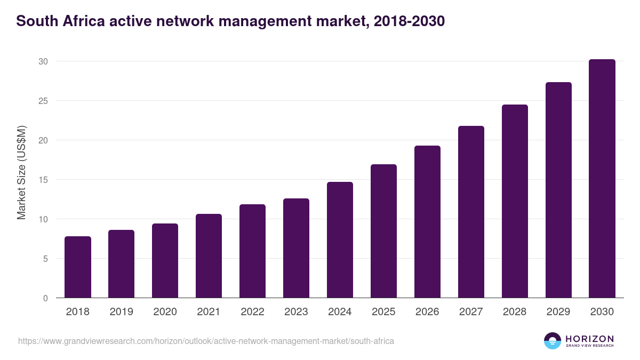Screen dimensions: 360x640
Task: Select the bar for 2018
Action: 78,267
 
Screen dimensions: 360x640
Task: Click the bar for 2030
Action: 602,179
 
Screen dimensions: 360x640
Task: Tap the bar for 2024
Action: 340,240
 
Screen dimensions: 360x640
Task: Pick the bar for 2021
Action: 209,256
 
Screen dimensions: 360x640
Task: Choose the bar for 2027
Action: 471,212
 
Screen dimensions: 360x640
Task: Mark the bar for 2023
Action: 296,248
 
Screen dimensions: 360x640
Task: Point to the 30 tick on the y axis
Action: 43,61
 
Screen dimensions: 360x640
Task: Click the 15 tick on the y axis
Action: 43,180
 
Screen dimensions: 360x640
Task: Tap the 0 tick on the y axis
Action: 45,298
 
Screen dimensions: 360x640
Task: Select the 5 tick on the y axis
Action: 45,259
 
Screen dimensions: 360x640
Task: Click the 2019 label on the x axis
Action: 122,312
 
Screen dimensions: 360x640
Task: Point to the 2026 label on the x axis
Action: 427,312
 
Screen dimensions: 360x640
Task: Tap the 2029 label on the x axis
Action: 558,312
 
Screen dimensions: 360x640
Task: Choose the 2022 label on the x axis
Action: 252,312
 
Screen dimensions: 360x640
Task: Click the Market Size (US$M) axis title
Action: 21,172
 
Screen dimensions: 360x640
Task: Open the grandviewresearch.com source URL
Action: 206,341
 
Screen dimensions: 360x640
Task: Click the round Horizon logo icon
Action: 553,341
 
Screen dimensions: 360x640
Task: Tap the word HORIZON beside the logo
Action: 589,338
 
